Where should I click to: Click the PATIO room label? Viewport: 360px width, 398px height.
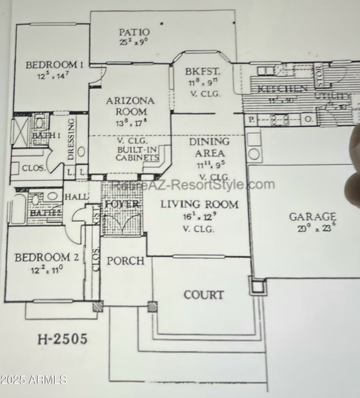click(134, 32)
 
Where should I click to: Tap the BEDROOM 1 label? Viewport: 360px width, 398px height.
click(54, 65)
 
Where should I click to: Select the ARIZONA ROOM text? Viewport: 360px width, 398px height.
click(130, 106)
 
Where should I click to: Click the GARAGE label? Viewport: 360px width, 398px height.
click(312, 217)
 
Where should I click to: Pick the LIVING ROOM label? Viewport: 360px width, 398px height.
click(199, 204)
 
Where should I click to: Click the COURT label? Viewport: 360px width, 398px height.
click(203, 295)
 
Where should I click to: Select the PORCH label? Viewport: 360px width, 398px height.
click(126, 261)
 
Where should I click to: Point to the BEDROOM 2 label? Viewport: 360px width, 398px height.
click(47, 258)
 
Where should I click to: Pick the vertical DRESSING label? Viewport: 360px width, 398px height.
click(71, 139)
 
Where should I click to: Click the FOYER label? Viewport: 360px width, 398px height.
click(121, 205)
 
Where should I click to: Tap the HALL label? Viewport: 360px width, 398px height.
click(75, 197)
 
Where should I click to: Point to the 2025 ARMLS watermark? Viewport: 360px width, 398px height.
click(34, 380)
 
